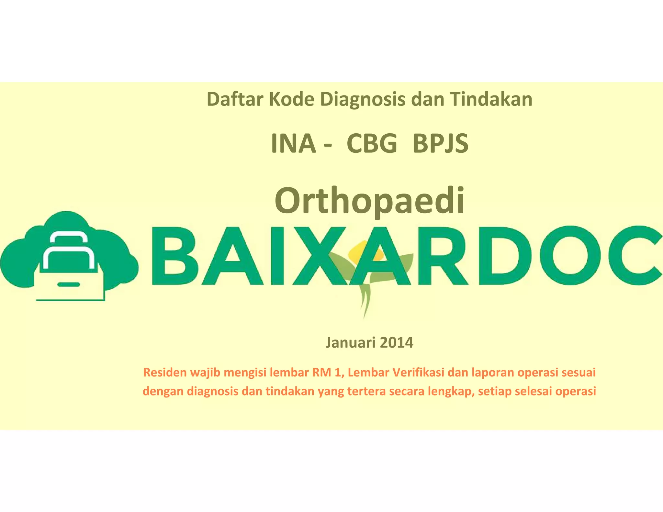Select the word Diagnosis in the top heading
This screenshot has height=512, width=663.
click(x=363, y=100)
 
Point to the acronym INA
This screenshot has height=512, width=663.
click(x=293, y=143)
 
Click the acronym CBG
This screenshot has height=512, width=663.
click(x=372, y=143)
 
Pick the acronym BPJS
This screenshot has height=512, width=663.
click(x=440, y=143)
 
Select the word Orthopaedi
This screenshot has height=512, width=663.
click(x=370, y=201)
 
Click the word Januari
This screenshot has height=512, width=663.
click(x=349, y=342)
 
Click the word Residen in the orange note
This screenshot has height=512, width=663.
click(x=165, y=373)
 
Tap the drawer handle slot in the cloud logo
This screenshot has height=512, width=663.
click(x=69, y=285)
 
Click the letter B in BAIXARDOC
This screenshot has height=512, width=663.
click(x=173, y=256)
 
